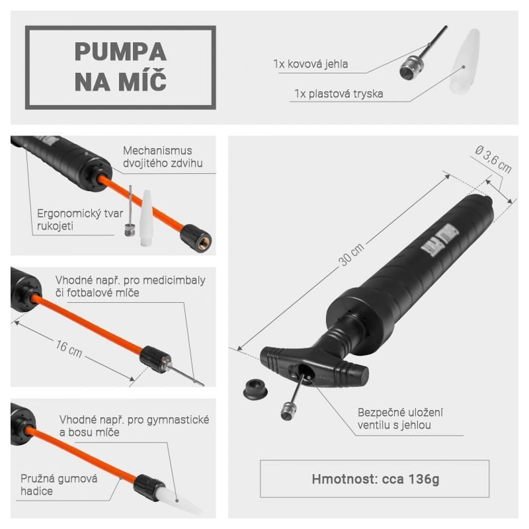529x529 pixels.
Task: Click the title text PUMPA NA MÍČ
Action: tap(120, 67)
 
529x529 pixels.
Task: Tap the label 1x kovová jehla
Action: tap(310, 63)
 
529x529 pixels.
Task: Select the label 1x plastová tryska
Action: tap(339, 93)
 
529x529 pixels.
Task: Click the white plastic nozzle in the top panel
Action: tap(465, 61)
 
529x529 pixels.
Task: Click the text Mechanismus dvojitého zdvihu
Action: tap(163, 157)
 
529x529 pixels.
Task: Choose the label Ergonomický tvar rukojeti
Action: tap(80, 220)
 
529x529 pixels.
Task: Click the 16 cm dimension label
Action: tap(69, 348)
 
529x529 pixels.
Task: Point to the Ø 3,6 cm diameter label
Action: tap(493, 159)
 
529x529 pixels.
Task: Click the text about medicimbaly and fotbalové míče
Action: tap(130, 286)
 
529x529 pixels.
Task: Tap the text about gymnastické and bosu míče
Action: tap(134, 426)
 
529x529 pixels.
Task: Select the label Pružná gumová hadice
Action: tap(59, 485)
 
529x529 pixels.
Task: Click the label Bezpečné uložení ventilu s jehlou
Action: tap(400, 419)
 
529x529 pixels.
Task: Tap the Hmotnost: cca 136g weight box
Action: tap(374, 479)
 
